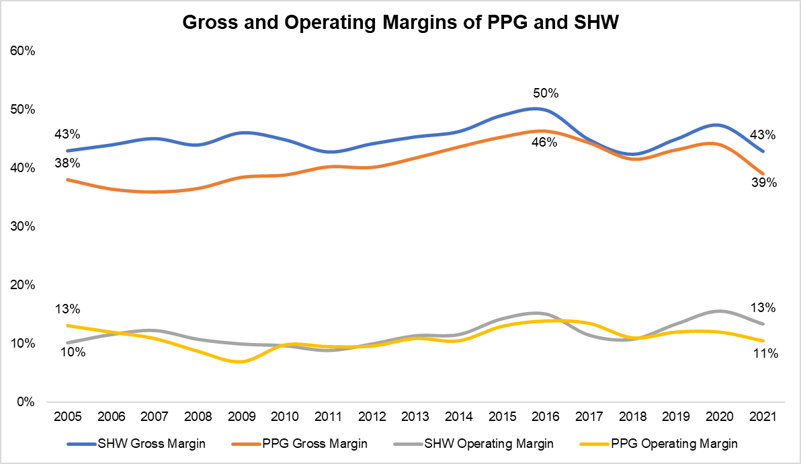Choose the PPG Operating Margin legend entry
666,444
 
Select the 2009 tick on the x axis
242,417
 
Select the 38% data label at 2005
67,163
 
